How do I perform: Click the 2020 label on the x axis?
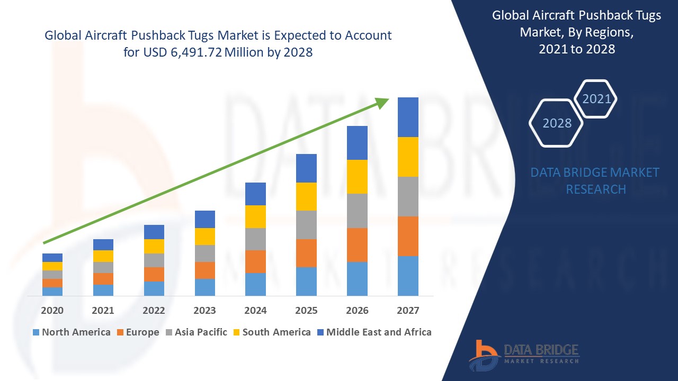52,311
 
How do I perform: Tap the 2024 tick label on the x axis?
255,311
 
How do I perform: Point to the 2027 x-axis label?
408,311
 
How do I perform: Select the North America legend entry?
72,332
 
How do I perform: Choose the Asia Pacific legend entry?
197,332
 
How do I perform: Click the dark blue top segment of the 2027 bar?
408,117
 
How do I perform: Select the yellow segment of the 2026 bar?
357,176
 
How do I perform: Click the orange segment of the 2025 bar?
306,253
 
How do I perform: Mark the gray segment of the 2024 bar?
255,239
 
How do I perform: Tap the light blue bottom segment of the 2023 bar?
204,287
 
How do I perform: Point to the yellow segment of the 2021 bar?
103,256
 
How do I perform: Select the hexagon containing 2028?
556,123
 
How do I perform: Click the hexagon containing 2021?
596,99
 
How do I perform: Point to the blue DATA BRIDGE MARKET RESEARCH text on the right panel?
595,180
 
